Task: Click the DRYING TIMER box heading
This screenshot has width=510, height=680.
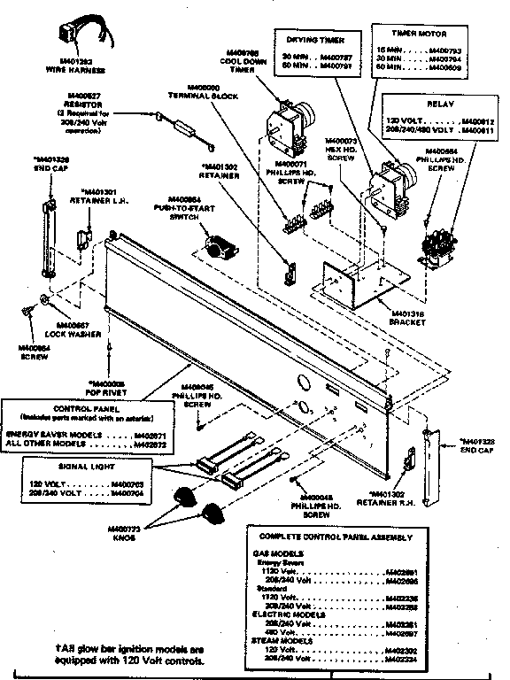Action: coord(317,40)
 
